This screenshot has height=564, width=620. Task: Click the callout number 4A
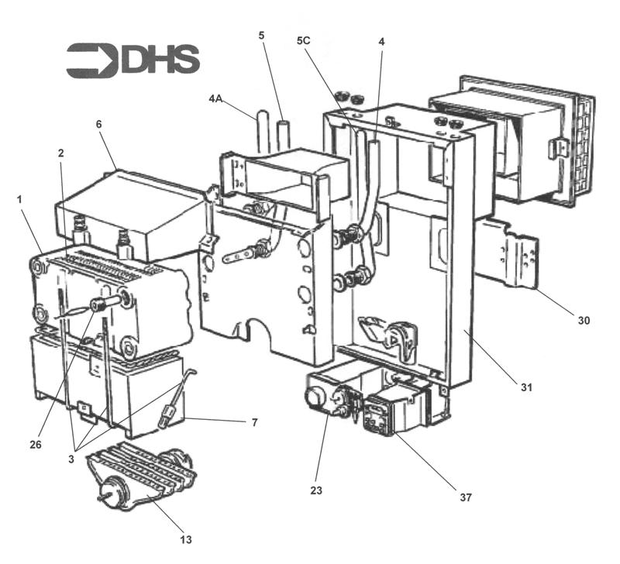pyautogui.click(x=216, y=98)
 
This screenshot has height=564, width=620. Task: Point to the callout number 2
pyautogui.click(x=60, y=153)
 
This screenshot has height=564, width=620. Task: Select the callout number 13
pyautogui.click(x=187, y=539)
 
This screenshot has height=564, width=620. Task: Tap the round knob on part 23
pyautogui.click(x=313, y=397)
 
